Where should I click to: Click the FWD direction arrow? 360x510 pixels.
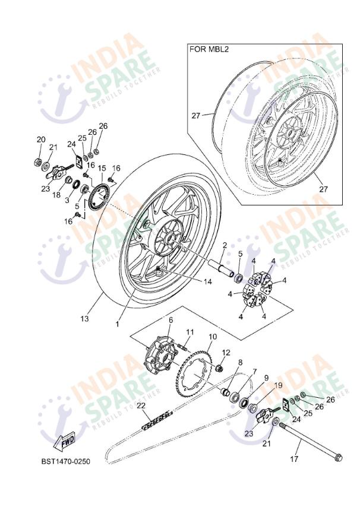coord(65,441)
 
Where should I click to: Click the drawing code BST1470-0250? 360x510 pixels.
coord(66,461)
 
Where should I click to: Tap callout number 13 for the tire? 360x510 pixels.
coord(84,318)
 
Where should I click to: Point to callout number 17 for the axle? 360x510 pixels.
coord(294,460)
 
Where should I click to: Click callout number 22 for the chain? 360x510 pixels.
coord(141,406)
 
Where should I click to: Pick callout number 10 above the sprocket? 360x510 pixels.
coord(213,337)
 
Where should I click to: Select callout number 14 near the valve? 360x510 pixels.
coord(208,281)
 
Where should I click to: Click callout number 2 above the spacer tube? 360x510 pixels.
coord(225,245)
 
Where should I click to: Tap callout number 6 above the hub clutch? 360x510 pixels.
coord(170,320)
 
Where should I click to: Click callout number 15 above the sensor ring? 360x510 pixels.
coord(102,168)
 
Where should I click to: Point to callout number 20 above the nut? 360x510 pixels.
coord(41,140)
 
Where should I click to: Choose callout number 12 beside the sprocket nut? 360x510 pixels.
coord(226,352)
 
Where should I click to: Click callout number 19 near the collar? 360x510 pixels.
coord(278,386)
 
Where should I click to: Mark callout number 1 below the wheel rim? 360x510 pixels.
coord(118,324)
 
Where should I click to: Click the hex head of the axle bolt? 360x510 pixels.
coord(337,457)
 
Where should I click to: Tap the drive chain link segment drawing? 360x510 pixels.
coord(156,420)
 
